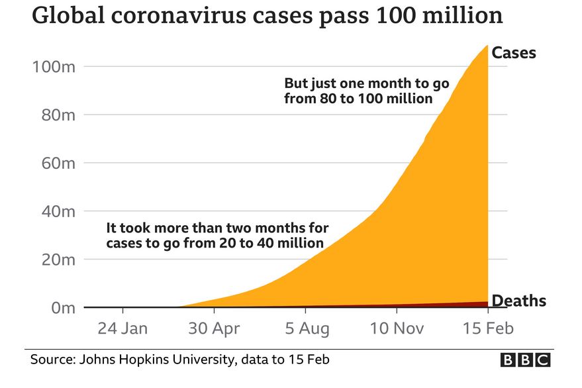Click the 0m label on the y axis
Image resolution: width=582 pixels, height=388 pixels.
(x=60, y=309)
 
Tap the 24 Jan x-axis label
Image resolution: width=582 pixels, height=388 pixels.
(x=122, y=328)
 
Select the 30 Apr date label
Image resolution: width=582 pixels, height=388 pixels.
(x=214, y=328)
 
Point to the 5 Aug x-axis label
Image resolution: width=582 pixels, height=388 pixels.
(x=305, y=328)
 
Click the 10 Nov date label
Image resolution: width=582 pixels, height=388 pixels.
(x=396, y=328)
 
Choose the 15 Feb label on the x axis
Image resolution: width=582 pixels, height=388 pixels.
(x=487, y=328)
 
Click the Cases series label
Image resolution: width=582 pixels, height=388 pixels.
(x=514, y=53)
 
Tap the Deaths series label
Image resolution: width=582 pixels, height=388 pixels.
(x=519, y=301)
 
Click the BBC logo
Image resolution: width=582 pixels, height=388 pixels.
(x=525, y=360)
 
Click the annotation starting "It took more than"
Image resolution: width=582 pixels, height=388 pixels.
(x=217, y=236)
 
